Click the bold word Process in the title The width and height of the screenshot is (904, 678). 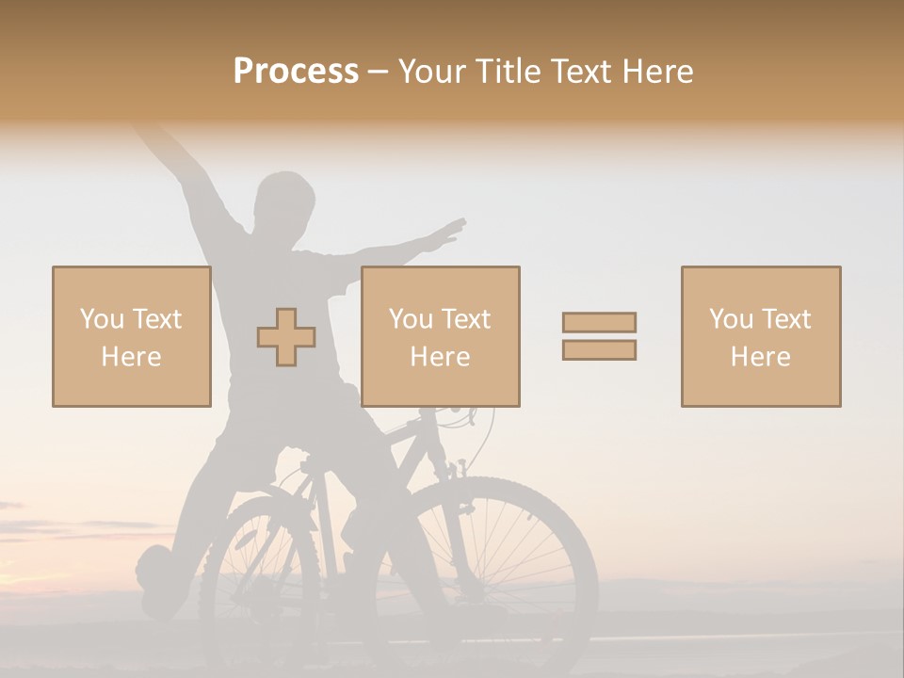coord(296,71)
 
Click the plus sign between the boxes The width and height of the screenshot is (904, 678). coord(286,337)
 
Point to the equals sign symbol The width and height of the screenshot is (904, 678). coord(599,336)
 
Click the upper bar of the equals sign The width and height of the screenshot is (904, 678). coord(599,323)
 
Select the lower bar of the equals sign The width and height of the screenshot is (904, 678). coord(599,349)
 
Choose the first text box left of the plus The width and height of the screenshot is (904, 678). coord(132,336)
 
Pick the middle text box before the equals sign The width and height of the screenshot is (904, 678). coord(440,336)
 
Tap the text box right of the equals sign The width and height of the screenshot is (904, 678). coord(761,336)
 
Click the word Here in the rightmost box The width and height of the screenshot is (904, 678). coord(761,356)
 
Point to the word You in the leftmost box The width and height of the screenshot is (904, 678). coord(102,318)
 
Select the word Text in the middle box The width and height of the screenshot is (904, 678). coord(467,318)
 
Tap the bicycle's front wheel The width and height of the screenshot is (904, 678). coord(489,574)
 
